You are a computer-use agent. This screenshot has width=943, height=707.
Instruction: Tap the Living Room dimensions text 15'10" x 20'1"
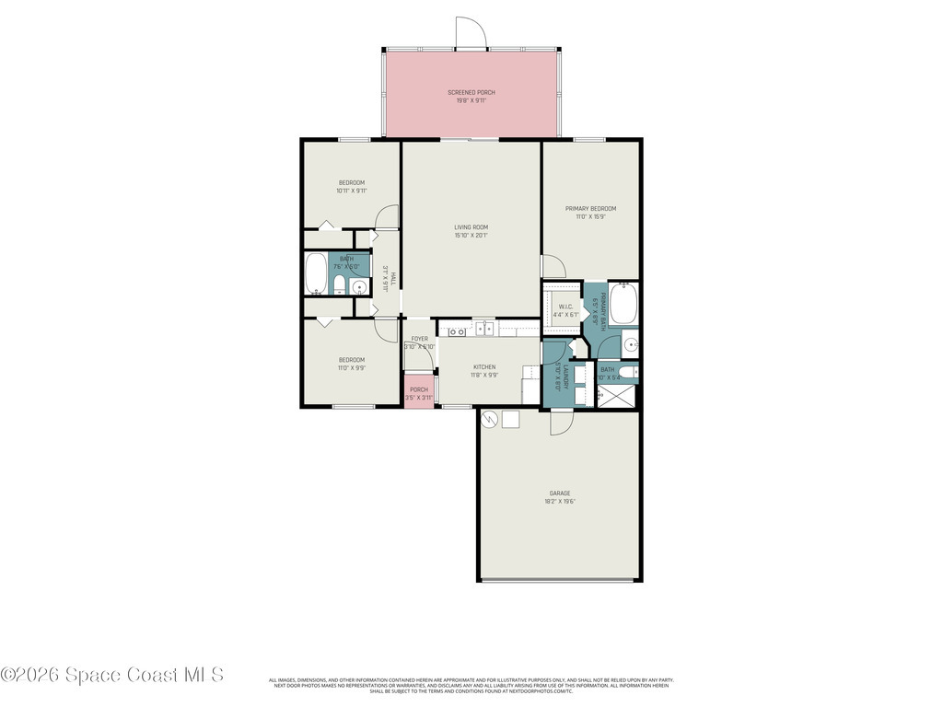[x=471, y=236]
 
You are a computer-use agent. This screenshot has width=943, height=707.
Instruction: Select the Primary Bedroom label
[x=590, y=209]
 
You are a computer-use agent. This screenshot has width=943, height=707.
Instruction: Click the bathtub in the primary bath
[x=623, y=304]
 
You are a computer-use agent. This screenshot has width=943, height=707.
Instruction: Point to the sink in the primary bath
[x=630, y=345]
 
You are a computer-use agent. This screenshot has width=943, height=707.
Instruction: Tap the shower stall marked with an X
[x=616, y=395]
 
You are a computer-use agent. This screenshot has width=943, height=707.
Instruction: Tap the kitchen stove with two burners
[x=457, y=331]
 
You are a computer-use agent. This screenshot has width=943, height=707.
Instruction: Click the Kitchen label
[x=483, y=366]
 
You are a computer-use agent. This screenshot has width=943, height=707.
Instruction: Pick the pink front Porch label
[x=419, y=389]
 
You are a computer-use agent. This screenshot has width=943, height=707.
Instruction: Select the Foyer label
[x=419, y=339]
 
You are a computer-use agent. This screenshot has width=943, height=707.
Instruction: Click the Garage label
[x=560, y=493]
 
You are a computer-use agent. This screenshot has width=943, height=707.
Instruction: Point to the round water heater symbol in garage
[x=490, y=419]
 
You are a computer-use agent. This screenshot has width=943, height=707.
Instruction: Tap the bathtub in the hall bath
[x=316, y=272]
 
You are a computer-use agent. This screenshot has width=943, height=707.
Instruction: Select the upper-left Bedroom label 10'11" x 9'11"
[x=351, y=182]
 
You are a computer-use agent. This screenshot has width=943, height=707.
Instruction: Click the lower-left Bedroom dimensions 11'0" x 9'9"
[x=351, y=368]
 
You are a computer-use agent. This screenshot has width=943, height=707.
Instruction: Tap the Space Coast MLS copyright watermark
[x=111, y=675]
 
